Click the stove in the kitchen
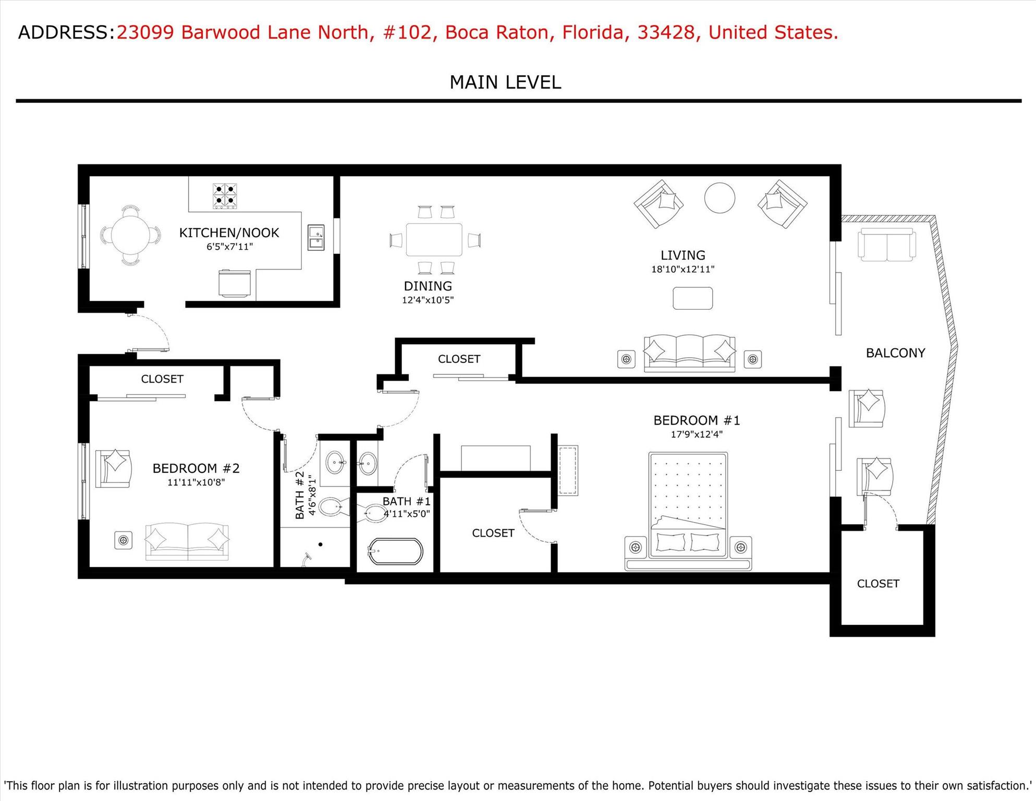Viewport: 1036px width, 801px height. coord(225,196)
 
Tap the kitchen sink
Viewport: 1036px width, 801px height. coord(315,237)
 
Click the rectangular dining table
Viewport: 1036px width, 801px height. coord(434,239)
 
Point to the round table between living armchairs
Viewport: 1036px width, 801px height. coord(720,198)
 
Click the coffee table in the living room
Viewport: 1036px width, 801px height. coord(692,298)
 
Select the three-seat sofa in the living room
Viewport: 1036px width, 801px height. coord(689,353)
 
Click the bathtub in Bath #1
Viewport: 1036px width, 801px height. coord(395,551)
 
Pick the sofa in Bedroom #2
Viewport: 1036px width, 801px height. coord(187,541)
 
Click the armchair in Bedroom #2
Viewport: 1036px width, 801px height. coord(113,468)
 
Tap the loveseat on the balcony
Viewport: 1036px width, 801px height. coord(886,245)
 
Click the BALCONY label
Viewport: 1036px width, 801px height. coord(895,353)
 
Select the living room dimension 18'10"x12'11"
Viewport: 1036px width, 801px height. coord(682,270)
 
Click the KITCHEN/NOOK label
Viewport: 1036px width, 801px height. coord(229,233)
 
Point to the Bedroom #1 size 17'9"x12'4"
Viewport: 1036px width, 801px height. coord(696,434)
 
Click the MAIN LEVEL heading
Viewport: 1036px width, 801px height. coord(505,82)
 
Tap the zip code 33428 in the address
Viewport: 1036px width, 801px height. coord(666,32)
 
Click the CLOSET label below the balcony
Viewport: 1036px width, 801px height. coord(878,584)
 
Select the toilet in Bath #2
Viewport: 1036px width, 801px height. coord(332,506)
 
